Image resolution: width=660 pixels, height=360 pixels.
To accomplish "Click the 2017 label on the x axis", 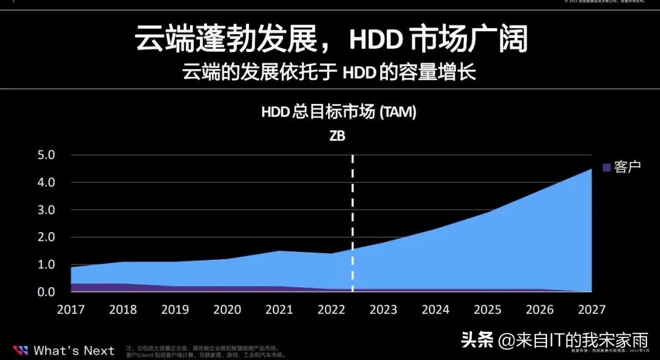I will tap(70, 309).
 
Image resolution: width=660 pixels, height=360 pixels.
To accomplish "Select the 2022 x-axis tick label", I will tap(331, 309).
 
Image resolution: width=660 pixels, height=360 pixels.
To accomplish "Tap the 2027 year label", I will tap(592, 309).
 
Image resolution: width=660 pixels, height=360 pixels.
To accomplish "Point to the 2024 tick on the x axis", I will tap(436, 309).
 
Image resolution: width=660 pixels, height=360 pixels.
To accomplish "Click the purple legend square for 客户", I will tap(607, 167).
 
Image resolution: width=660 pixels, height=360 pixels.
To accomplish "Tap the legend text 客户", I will tap(627, 167).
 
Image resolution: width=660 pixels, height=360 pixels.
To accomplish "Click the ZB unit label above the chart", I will tap(337, 136).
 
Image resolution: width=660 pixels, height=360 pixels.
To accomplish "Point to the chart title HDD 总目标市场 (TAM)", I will tap(339, 112).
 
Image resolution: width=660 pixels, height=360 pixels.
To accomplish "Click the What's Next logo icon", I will tap(20, 350).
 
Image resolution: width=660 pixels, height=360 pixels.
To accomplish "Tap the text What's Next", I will tap(74, 350).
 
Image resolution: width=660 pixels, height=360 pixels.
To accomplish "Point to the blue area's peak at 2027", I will tap(590, 170).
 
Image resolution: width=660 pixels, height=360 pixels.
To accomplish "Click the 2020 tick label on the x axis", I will tap(227, 309).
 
